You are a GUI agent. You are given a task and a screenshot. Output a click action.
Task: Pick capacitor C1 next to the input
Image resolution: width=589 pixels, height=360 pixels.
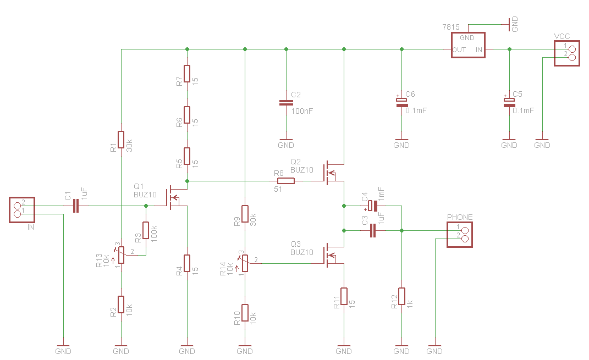pos(75,206)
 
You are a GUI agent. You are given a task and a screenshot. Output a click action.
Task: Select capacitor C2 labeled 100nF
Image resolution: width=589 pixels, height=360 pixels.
pos(286,102)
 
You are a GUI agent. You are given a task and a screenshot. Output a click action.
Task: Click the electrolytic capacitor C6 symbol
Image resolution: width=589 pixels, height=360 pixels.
pos(401,102)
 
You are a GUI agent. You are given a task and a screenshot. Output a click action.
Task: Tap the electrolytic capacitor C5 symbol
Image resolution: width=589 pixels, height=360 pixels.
pos(509,102)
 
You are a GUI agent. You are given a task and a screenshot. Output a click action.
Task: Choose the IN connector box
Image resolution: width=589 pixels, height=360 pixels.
pos(22,210)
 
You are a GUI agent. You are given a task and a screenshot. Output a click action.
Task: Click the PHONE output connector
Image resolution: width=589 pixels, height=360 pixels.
pos(459,235)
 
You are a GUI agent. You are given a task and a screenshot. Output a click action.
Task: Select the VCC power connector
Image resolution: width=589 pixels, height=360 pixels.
pos(567,53)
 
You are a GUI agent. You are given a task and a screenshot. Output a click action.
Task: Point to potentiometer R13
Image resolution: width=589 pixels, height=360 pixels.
pos(120,255)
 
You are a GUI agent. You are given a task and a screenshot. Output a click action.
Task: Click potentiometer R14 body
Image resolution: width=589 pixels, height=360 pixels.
pos(245,263)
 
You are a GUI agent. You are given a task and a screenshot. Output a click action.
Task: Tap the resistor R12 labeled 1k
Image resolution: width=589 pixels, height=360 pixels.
pos(401,296)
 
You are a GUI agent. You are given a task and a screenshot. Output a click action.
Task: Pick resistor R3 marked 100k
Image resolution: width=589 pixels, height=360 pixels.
pos(146,230)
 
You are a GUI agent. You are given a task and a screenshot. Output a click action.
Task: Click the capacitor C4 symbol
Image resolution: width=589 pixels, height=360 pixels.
pos(372,206)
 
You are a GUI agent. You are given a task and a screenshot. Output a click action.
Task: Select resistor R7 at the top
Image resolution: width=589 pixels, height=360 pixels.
pos(187,74)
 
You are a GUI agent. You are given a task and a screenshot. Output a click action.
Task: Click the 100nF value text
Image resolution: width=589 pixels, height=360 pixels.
pos(302,111)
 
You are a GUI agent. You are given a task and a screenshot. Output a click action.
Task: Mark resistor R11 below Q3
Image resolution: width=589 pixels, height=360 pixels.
pos(344,296)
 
